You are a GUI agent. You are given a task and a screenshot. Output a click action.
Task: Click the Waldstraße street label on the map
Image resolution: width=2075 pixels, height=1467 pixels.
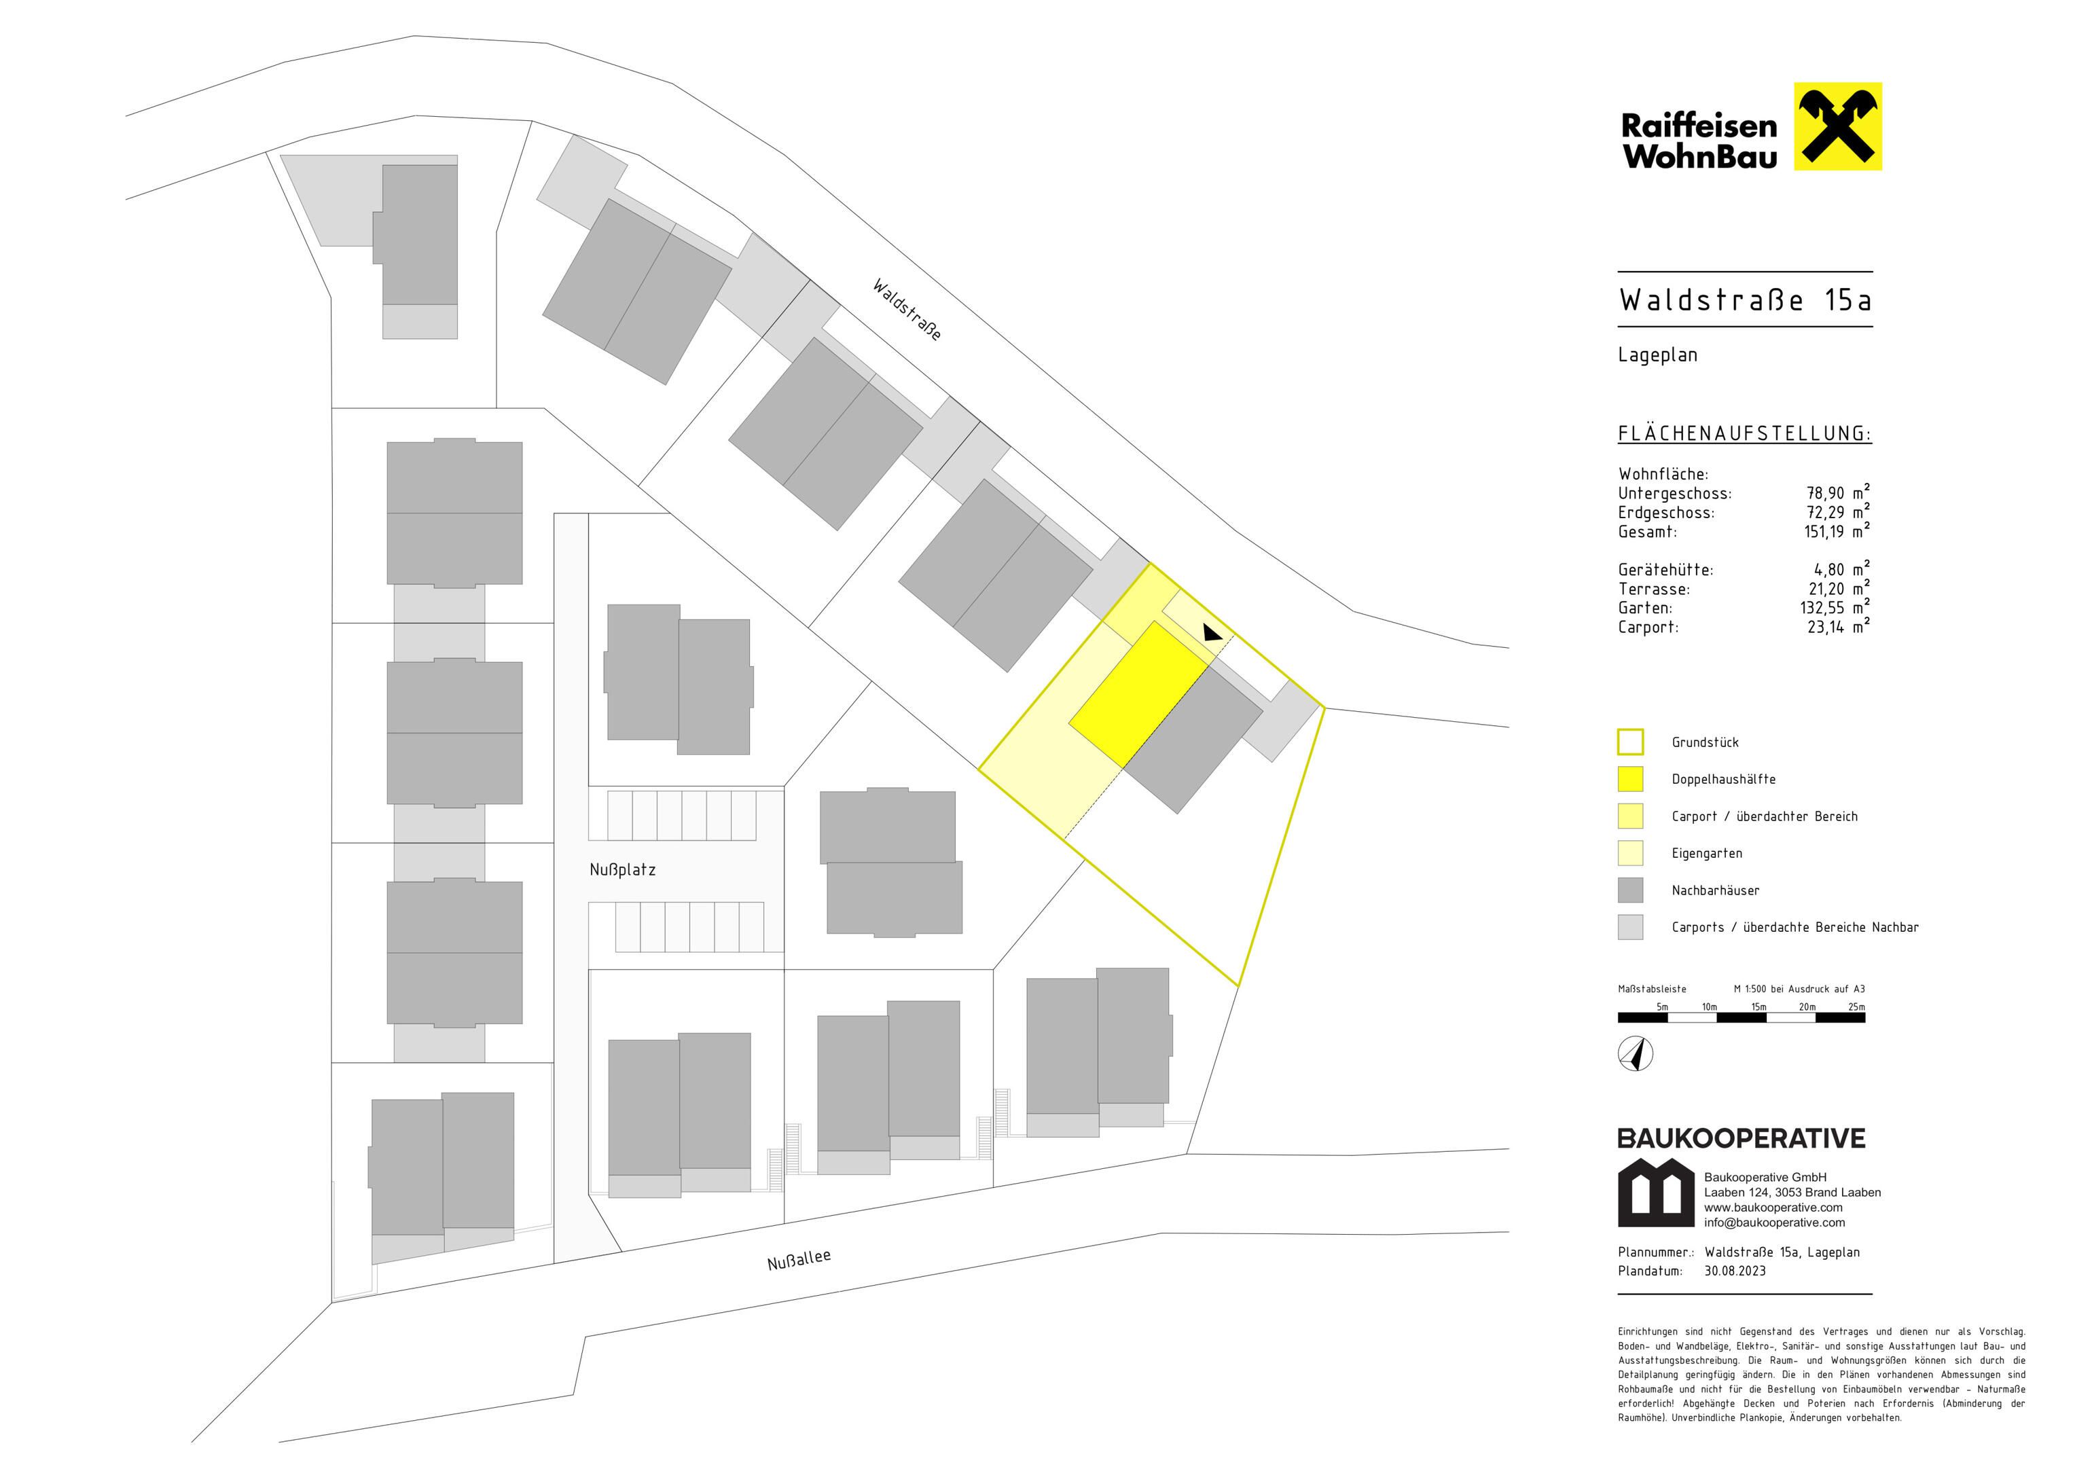(907, 309)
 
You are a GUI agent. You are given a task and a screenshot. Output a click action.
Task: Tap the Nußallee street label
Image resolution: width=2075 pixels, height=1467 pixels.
(799, 1260)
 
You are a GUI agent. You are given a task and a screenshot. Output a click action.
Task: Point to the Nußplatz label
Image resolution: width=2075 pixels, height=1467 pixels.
(623, 869)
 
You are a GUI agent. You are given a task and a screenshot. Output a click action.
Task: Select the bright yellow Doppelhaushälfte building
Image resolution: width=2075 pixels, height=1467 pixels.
(1140, 694)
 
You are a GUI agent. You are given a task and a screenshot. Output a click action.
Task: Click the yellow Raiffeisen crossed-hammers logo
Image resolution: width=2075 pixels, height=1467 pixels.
(1837, 126)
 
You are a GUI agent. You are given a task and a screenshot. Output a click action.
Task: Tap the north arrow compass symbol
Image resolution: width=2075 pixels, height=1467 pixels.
(1636, 1055)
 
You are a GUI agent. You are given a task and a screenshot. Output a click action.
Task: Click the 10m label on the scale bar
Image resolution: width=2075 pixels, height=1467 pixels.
(1709, 1007)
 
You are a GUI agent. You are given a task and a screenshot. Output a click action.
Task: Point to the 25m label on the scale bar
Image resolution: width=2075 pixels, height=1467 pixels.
(1856, 1007)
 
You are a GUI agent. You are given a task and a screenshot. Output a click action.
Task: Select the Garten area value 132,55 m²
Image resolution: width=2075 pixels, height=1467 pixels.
(1835, 607)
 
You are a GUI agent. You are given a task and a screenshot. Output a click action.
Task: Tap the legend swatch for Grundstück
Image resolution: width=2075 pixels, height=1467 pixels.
(1630, 742)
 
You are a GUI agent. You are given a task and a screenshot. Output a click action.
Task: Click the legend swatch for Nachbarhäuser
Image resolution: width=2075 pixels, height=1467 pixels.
(1630, 890)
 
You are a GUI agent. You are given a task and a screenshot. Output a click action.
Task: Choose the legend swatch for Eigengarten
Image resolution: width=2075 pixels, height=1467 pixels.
(1630, 853)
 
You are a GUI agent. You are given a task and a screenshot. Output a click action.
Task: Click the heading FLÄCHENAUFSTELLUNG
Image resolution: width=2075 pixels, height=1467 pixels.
(1744, 434)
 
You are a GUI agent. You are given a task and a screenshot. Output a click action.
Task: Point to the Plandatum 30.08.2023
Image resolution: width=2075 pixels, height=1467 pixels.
(1734, 1271)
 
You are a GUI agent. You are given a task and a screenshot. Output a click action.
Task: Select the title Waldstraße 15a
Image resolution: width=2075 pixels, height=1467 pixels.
(1745, 300)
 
